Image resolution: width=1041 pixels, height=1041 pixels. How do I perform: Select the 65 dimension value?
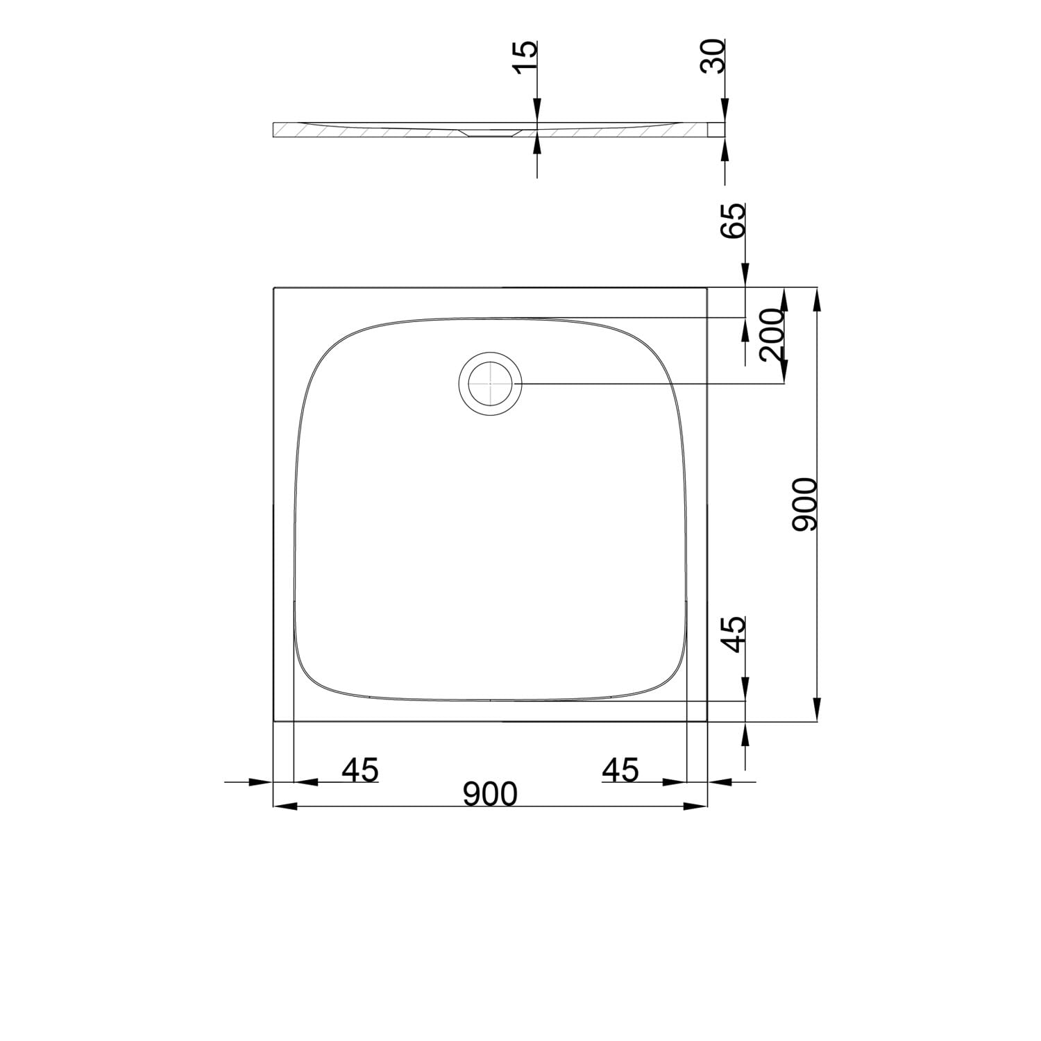coord(734,220)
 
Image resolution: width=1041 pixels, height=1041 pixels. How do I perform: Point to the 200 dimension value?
coord(772,335)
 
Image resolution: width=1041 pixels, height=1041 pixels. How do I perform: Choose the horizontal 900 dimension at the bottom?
coord(491,794)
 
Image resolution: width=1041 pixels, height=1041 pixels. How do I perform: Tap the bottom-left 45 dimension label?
coord(360,770)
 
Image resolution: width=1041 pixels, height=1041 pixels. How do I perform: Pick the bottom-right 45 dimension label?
coord(620,770)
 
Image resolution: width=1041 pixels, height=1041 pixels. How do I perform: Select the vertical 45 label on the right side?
coord(734,634)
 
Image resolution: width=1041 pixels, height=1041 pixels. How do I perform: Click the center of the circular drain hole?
coord(490,384)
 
